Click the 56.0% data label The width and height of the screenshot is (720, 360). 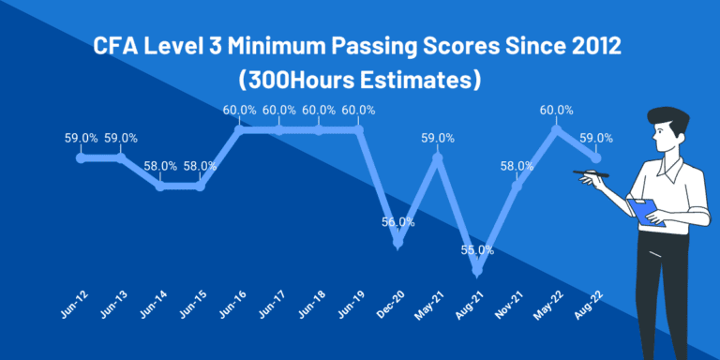[398, 222]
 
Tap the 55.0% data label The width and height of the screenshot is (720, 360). [477, 250]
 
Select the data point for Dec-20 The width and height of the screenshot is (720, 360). [398, 243]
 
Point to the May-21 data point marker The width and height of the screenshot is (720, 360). [438, 157]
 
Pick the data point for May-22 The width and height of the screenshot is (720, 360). [557, 129]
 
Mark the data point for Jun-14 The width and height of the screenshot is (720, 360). [160, 186]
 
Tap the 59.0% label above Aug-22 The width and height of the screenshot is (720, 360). [596, 138]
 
